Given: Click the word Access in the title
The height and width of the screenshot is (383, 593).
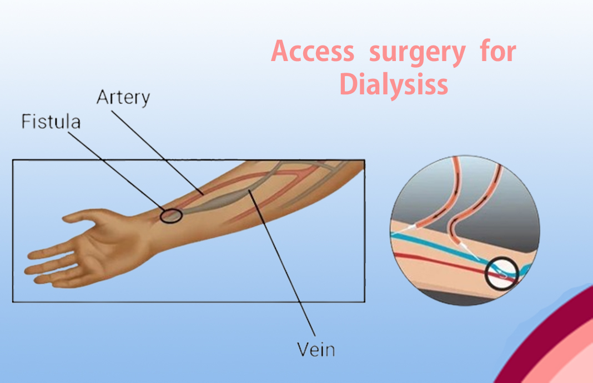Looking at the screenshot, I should pos(312,52).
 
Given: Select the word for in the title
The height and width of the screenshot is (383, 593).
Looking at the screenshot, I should pos(498,52).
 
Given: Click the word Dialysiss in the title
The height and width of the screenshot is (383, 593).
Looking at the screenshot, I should pos(393,84).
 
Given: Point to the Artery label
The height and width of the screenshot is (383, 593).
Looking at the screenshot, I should pos(123,98).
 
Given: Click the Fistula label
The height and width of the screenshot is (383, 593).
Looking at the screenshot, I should pos(51,121).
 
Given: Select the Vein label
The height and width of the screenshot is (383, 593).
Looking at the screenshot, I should pos(315,350).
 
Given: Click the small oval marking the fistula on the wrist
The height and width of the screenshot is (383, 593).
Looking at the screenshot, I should pos(171,215).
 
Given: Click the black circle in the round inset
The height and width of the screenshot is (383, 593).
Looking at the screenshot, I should pos(501,274).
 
